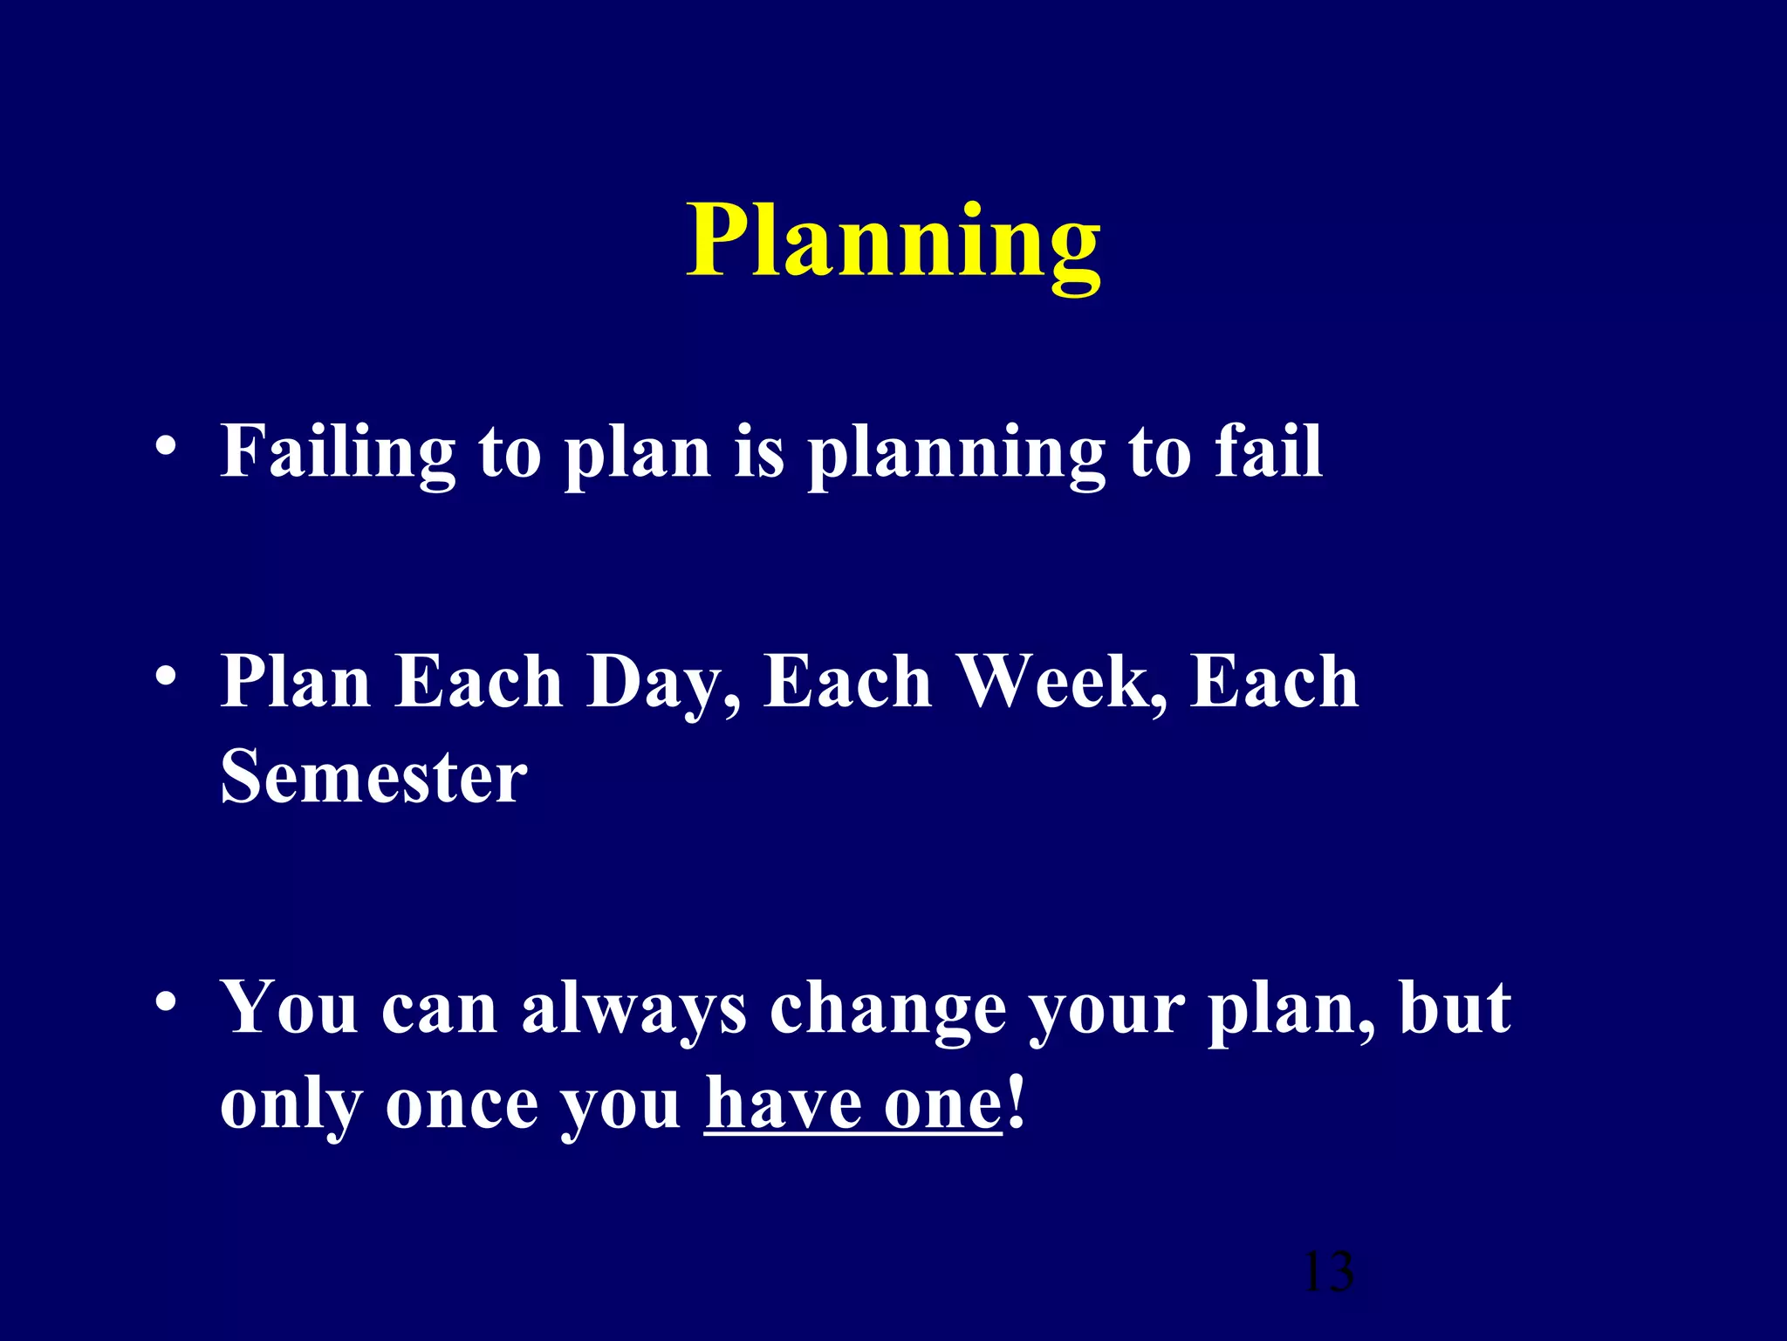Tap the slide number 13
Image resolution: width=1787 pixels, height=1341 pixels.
tap(1327, 1272)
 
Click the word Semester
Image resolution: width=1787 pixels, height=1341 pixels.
tap(373, 776)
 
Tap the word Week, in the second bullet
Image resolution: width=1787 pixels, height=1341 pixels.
tap(1062, 683)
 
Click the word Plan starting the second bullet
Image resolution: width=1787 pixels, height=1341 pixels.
tap(296, 683)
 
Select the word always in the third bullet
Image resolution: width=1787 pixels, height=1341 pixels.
tap(633, 1009)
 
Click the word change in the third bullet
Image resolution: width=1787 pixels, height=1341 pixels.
tap(887, 1009)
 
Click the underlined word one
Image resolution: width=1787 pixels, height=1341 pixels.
tap(942, 1105)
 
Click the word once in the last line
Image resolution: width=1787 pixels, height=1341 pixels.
tap(462, 1105)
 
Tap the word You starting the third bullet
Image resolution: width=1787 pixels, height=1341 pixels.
tap(289, 1009)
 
